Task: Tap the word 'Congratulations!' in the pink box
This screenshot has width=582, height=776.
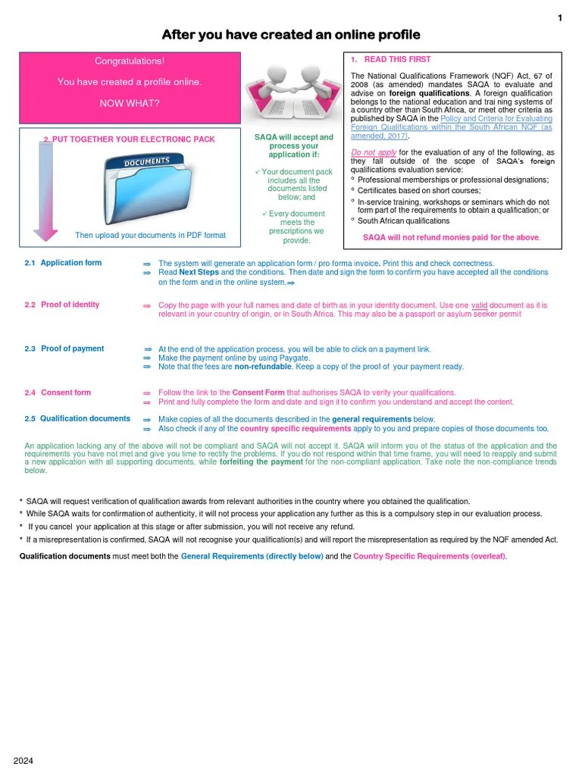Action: (x=129, y=61)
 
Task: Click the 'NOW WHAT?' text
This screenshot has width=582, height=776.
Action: (x=130, y=103)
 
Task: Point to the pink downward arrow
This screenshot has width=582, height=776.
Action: (x=46, y=189)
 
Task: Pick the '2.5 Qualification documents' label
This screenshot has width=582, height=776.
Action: (x=77, y=418)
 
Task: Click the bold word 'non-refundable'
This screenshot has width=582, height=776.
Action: (x=264, y=367)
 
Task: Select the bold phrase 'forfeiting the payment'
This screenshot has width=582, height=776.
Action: (x=261, y=462)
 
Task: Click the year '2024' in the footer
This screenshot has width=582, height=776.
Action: (x=23, y=760)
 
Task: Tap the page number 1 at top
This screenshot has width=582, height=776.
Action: (x=559, y=18)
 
